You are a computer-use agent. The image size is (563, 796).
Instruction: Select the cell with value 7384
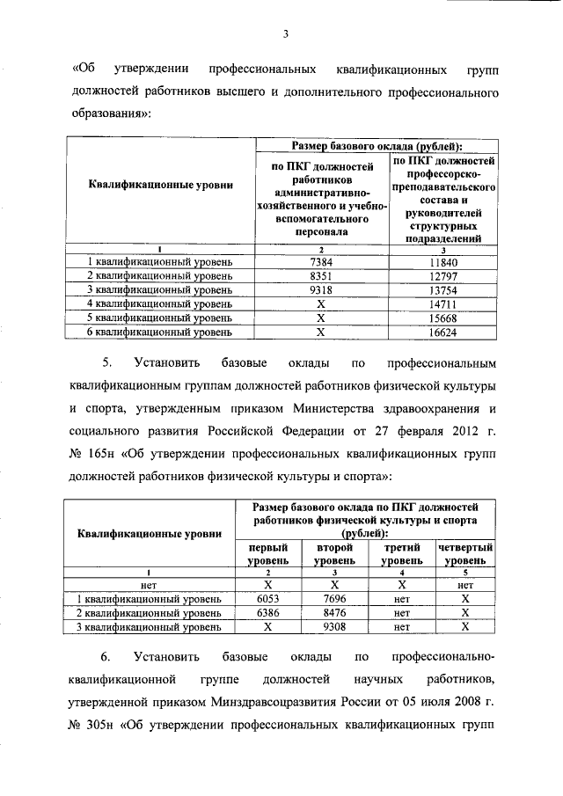320,262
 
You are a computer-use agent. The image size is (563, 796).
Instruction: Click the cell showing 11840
444,262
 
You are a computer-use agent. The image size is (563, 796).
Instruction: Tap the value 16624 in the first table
444,332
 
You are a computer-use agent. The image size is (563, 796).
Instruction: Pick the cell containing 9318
320,290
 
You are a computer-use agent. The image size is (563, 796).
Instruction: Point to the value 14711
444,304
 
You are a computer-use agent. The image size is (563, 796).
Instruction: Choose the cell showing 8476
334,613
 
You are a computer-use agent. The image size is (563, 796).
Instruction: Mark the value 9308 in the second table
334,627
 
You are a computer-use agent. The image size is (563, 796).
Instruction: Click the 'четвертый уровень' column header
464,553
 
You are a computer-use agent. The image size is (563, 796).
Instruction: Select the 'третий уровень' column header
401,553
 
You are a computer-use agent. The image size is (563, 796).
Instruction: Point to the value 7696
334,599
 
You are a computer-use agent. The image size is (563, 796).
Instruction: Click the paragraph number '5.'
106,362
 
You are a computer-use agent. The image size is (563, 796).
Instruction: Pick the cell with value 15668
444,318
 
